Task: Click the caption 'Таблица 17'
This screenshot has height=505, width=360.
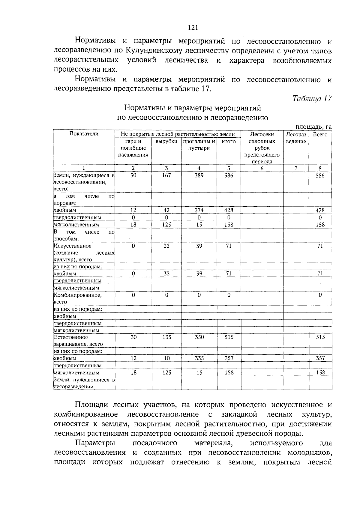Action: click(x=312, y=99)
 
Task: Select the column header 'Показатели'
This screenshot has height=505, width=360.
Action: click(x=84, y=134)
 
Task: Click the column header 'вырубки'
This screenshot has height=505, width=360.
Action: click(x=166, y=141)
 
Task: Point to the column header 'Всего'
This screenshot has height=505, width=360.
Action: click(x=320, y=134)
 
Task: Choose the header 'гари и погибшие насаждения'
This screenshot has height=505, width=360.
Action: click(x=133, y=148)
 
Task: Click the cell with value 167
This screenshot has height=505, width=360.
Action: click(x=166, y=175)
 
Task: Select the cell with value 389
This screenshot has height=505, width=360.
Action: click(x=199, y=175)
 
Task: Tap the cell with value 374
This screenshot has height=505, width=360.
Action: click(x=199, y=211)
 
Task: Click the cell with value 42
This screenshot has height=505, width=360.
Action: click(x=166, y=211)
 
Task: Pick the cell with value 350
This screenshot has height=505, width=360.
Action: click(x=199, y=337)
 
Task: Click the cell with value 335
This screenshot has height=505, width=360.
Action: click(x=199, y=358)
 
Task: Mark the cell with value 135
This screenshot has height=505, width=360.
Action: click(x=167, y=337)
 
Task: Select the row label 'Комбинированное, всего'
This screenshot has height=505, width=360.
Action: click(x=78, y=298)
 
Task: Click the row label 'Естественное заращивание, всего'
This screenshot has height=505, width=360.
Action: click(x=78, y=341)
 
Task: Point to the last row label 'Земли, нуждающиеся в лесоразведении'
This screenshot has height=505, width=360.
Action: click(x=84, y=383)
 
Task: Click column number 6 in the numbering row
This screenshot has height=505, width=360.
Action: click(x=262, y=169)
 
